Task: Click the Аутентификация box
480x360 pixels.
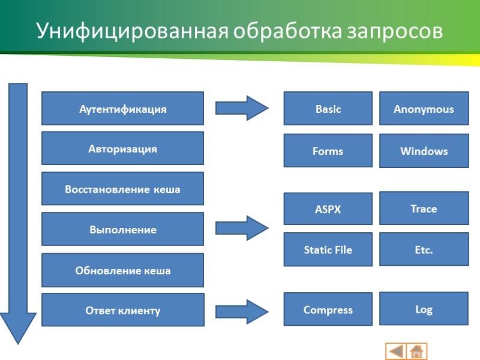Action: pos(122,109)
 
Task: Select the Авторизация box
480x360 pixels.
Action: pos(122,149)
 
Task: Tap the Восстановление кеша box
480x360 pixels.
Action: pos(122,189)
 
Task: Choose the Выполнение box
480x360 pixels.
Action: pos(122,229)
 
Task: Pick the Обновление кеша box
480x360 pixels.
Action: pos(122,270)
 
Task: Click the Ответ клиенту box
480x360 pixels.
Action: pos(122,310)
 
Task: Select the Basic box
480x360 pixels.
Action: pos(328,109)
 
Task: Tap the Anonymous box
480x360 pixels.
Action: pos(424,109)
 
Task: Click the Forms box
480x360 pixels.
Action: pos(328,151)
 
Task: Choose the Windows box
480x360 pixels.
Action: pos(424,151)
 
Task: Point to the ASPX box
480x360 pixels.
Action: pos(328,209)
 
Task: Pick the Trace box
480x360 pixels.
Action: pos(424,208)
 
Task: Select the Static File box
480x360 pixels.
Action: pos(328,250)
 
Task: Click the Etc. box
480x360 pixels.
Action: pos(424,250)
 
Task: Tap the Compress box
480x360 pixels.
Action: pos(328,310)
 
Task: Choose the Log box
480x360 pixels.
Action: pos(424,309)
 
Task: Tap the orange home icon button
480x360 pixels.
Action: pos(416,351)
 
